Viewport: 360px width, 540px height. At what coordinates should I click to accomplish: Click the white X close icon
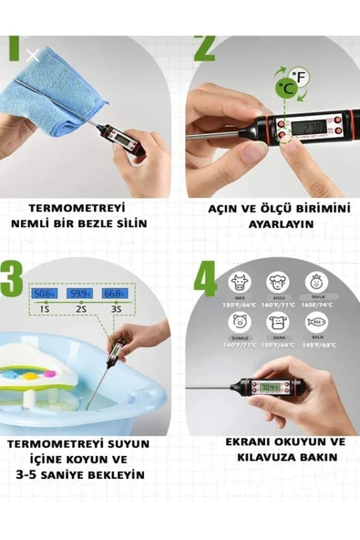point(33,56)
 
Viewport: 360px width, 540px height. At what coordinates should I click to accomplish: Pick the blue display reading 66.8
point(113,294)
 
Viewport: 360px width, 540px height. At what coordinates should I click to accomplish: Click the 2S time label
point(80,310)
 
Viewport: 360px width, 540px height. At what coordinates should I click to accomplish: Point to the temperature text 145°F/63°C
point(319,346)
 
